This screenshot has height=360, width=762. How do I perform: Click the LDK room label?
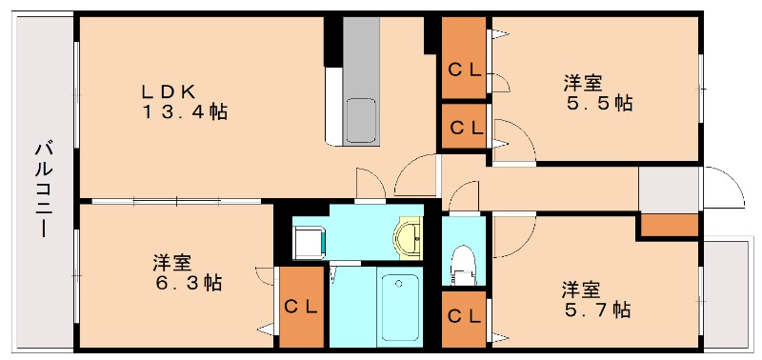[169, 91]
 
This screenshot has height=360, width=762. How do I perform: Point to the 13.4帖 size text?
[185, 111]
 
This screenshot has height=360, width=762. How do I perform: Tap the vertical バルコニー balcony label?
[43, 190]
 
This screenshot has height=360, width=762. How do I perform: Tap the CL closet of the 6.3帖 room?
[301, 308]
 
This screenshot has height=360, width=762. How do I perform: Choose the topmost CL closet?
[465, 67]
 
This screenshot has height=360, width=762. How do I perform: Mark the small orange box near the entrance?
[669, 226]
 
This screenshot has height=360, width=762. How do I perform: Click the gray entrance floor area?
[669, 190]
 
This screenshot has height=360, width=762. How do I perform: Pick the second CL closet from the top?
[465, 127]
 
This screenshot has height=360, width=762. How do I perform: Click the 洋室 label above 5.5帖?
[582, 83]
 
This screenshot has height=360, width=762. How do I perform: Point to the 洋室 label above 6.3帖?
[171, 262]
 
